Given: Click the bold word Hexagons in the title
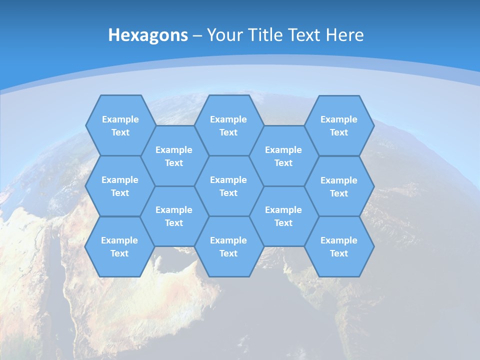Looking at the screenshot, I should pyautogui.click(x=148, y=35).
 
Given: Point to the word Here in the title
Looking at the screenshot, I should pyautogui.click(x=344, y=35).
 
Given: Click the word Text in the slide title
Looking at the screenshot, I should pyautogui.click(x=304, y=35).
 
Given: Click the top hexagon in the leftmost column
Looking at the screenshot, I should pyautogui.click(x=120, y=125).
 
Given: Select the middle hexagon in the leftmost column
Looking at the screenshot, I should pyautogui.click(x=120, y=186).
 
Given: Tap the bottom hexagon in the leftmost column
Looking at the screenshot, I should pyautogui.click(x=119, y=246).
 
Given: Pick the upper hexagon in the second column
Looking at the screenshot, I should pyautogui.click(x=174, y=156).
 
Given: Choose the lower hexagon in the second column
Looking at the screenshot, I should pyautogui.click(x=174, y=216).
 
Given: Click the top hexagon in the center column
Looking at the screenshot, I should pyautogui.click(x=228, y=125).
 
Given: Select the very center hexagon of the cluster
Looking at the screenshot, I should pyautogui.click(x=228, y=186).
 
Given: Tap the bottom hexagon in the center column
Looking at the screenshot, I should pyautogui.click(x=228, y=246).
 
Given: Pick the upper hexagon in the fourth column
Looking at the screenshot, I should pyautogui.click(x=283, y=156).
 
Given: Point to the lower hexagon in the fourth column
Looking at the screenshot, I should pyautogui.click(x=283, y=216).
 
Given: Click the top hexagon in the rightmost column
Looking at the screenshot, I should pyautogui.click(x=339, y=125).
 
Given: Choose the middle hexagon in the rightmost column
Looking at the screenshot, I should pyautogui.click(x=339, y=186).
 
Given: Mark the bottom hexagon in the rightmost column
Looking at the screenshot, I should pyautogui.click(x=339, y=246).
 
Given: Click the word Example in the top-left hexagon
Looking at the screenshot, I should pyautogui.click(x=120, y=119).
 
